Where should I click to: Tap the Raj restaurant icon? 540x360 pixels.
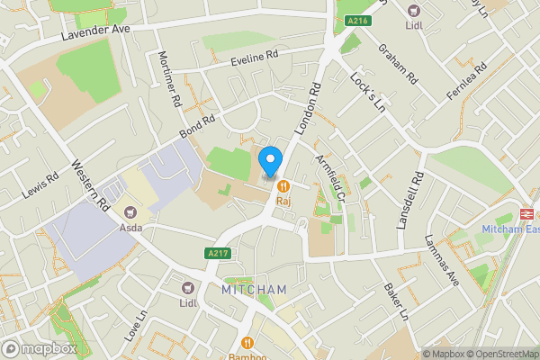[x=283, y=186]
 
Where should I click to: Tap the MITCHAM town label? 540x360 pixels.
[x=254, y=289]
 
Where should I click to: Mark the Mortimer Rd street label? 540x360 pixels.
[x=168, y=76]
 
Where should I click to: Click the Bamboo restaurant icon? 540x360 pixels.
[x=247, y=342]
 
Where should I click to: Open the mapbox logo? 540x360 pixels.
[x=39, y=348]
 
